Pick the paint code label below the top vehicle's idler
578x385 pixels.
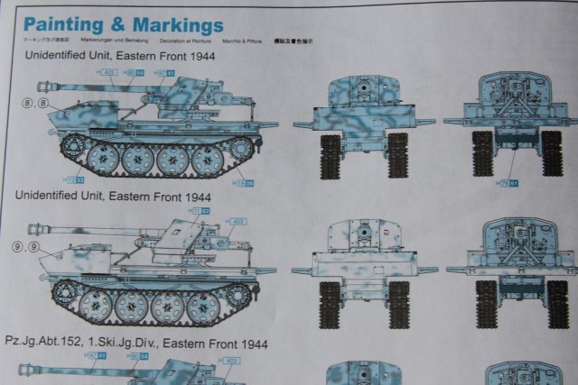[x=242, y=183]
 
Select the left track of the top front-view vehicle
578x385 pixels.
[x=331, y=154]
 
